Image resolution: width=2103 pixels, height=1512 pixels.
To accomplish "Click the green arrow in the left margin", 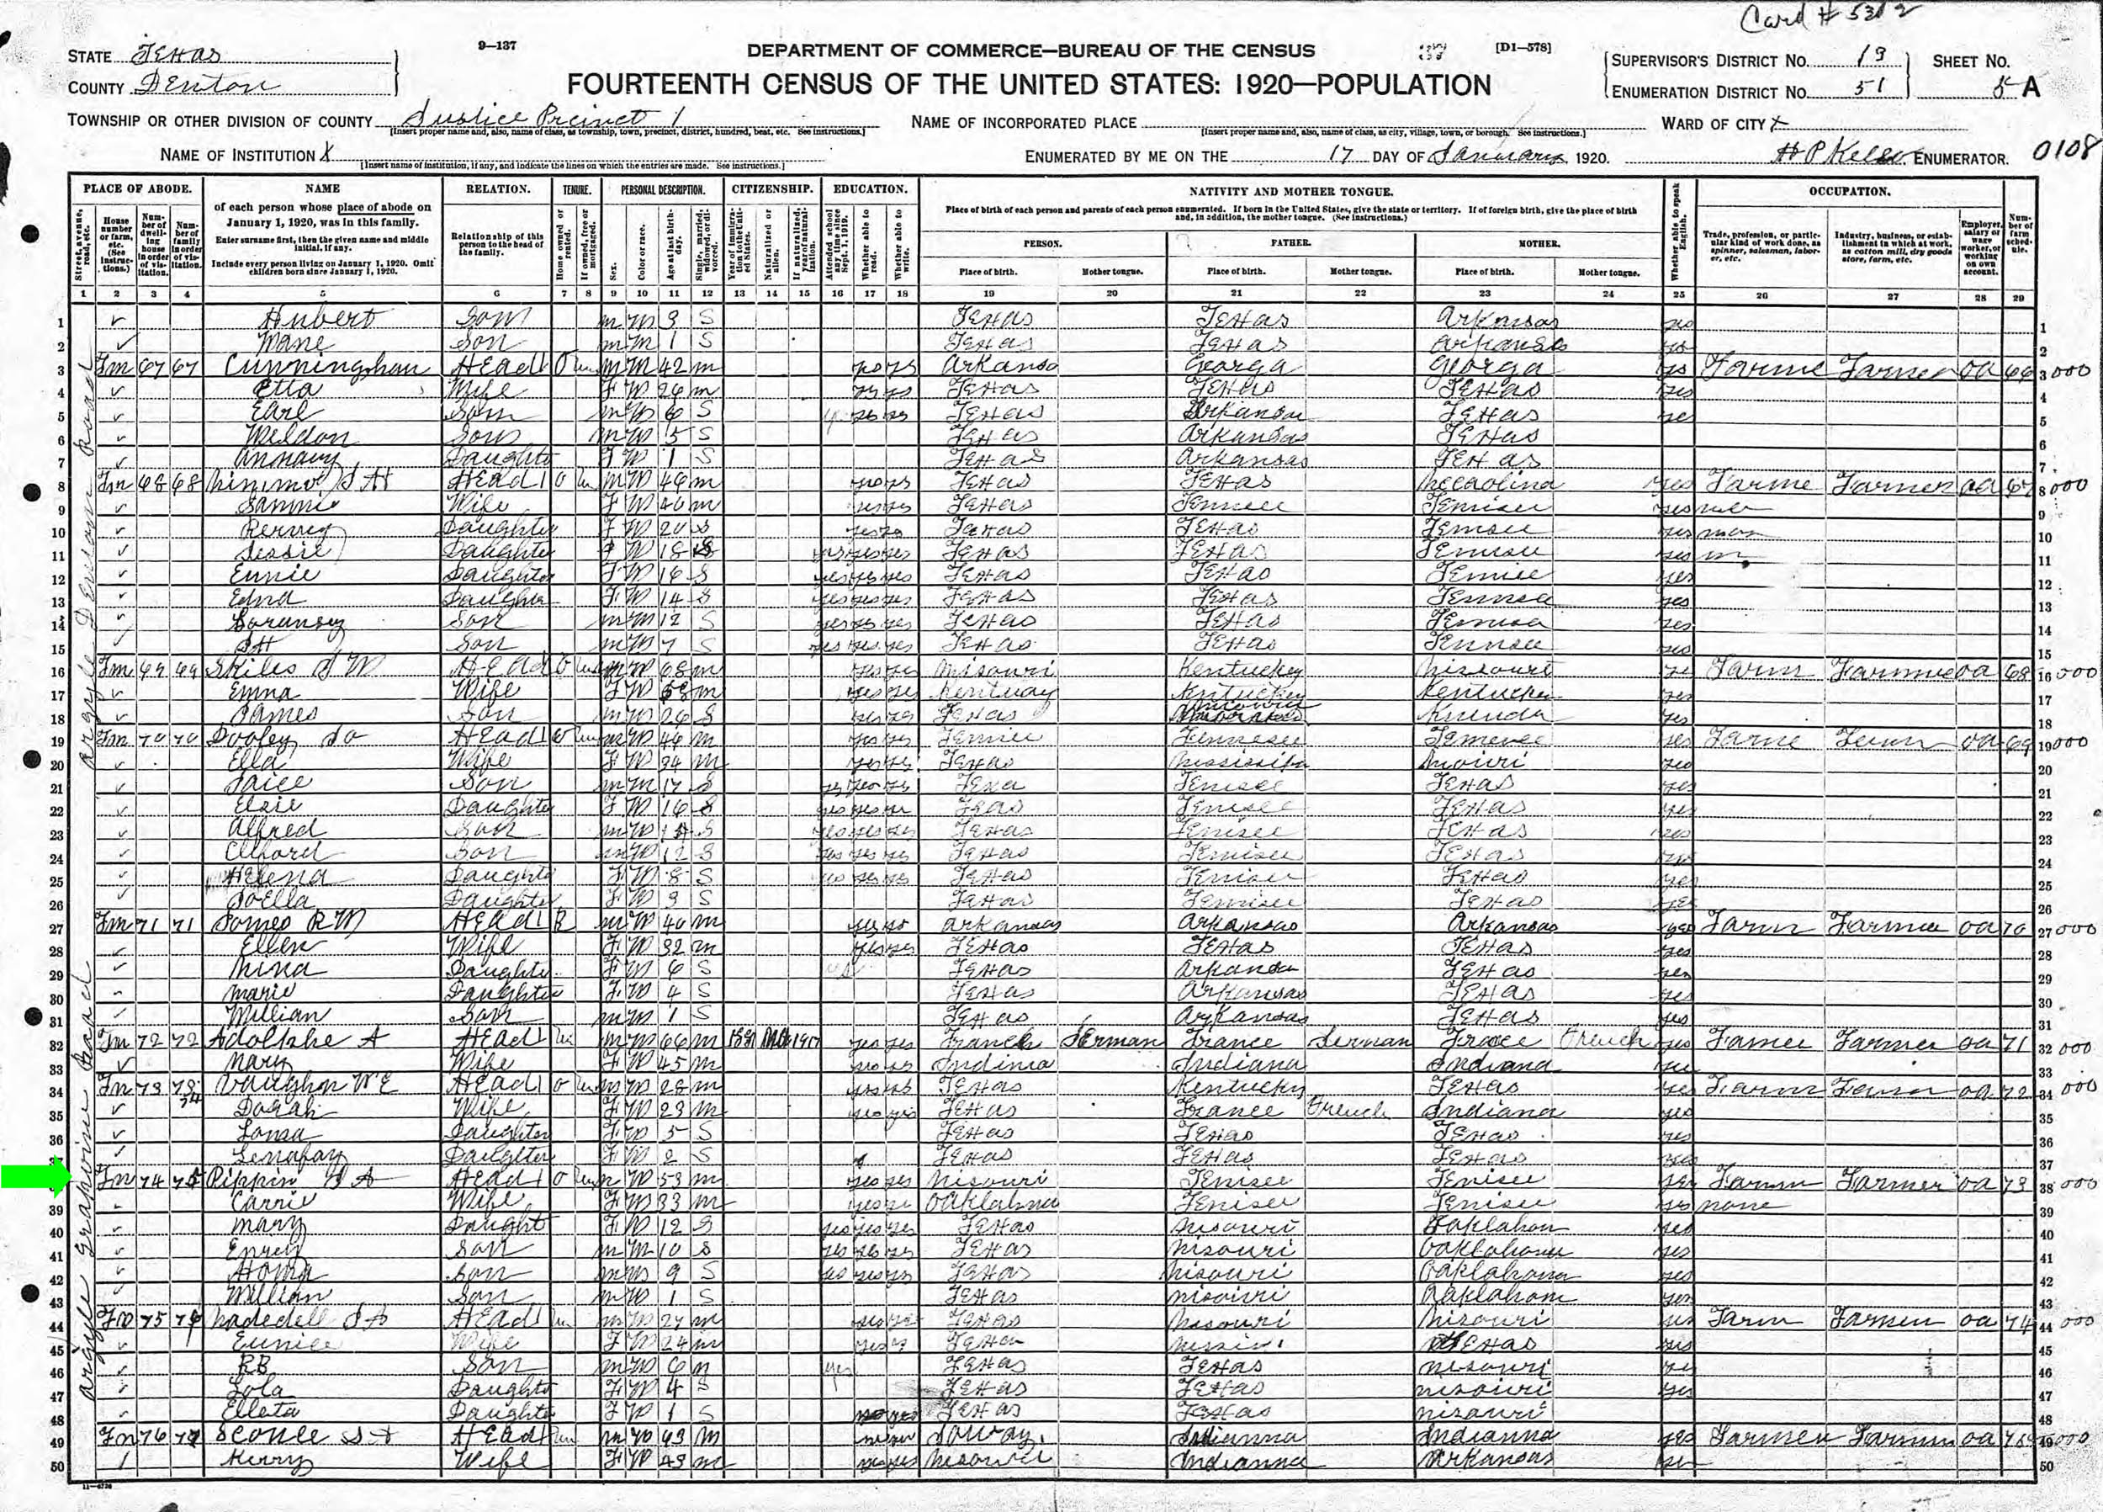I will click(x=35, y=1177).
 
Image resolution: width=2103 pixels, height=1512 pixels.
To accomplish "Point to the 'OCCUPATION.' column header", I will click(x=1849, y=191).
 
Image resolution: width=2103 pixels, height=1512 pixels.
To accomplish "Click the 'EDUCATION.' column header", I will click(x=869, y=189).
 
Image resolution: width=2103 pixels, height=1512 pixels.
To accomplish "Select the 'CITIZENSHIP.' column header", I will click(x=772, y=189).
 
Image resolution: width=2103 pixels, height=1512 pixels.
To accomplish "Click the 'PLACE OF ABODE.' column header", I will click(x=137, y=189).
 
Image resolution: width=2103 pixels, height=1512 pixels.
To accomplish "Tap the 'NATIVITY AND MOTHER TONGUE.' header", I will click(x=1290, y=191).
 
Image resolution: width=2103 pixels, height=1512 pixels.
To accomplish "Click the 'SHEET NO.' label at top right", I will click(x=1970, y=62).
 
